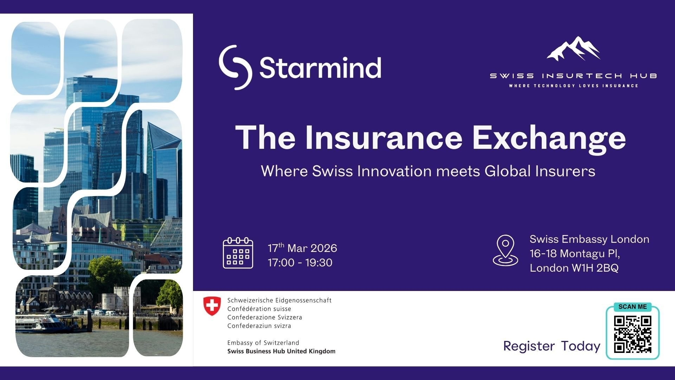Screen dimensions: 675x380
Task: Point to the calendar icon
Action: pyautogui.click(x=238, y=253)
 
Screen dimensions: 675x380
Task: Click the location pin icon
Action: pyautogui.click(x=505, y=251)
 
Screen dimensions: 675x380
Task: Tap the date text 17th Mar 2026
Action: pyautogui.click(x=302, y=248)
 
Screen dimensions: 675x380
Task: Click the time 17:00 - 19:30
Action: pyautogui.click(x=300, y=262)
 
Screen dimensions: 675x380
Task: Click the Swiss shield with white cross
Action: pyautogui.click(x=212, y=306)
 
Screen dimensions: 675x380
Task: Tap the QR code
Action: pyautogui.click(x=632, y=334)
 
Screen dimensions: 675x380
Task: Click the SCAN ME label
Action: pyautogui.click(x=632, y=307)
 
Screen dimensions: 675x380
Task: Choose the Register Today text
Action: pyautogui.click(x=552, y=346)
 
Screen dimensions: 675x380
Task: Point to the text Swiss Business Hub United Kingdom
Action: pyautogui.click(x=281, y=351)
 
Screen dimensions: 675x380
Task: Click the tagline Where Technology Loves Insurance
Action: pyautogui.click(x=573, y=85)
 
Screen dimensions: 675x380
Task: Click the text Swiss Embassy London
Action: pyautogui.click(x=589, y=239)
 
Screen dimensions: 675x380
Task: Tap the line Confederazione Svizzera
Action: pyautogui.click(x=264, y=317)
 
